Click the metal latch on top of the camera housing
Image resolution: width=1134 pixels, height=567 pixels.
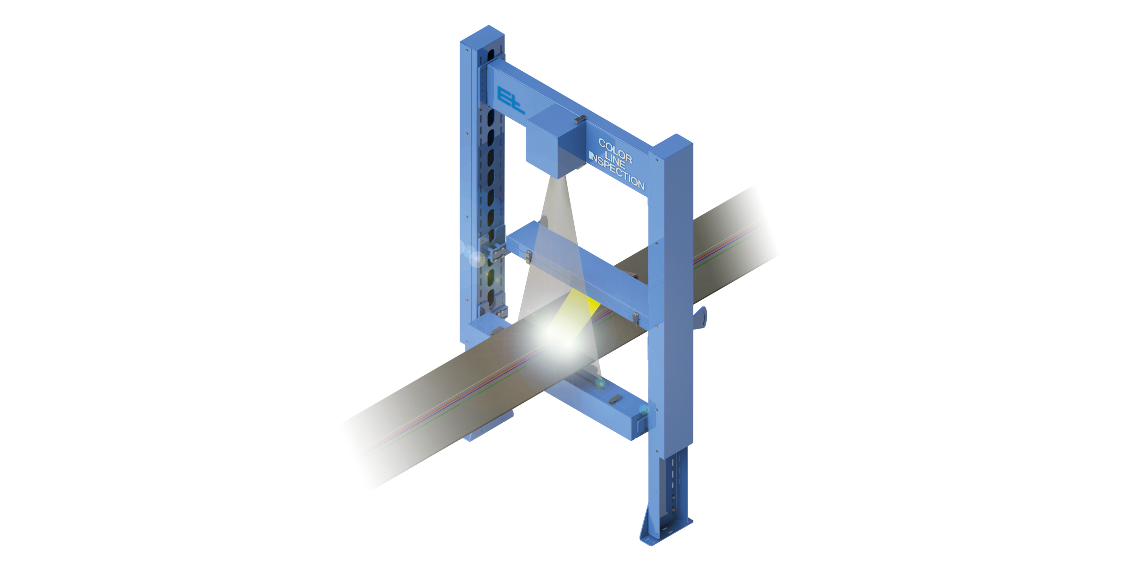click(x=581, y=119)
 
